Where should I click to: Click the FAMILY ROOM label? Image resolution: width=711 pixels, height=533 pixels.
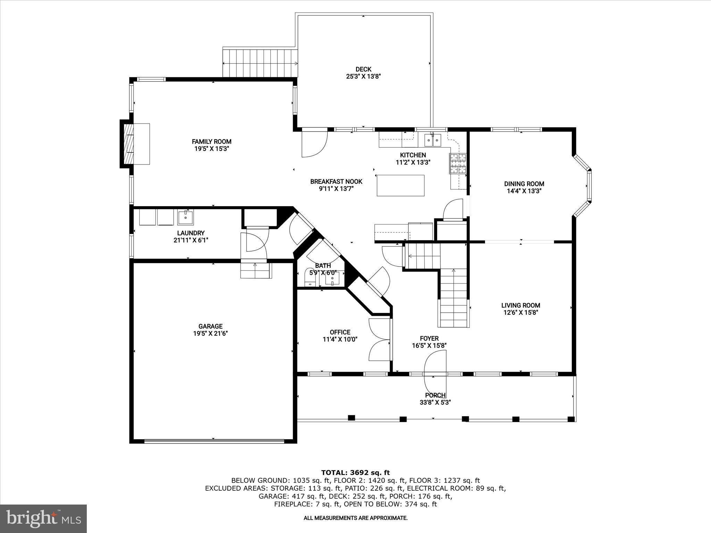click(x=211, y=142)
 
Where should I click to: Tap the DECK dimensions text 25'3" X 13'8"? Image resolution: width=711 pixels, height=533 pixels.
click(x=363, y=76)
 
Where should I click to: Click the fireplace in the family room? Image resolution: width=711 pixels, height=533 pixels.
click(x=135, y=144)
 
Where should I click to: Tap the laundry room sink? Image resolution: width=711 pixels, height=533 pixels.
click(x=186, y=218)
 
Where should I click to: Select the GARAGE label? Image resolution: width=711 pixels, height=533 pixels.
click(x=210, y=326)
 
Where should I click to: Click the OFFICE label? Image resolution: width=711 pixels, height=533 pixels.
click(x=340, y=332)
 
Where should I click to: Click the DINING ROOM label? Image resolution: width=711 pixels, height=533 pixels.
click(x=524, y=184)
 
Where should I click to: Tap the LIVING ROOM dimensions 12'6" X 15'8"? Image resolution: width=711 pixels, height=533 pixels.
click(x=521, y=312)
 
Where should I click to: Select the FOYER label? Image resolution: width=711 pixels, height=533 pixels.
click(x=429, y=338)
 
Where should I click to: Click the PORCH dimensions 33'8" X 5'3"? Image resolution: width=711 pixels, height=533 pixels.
click(x=435, y=403)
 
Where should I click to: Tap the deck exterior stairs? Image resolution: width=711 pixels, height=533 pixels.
click(x=260, y=63)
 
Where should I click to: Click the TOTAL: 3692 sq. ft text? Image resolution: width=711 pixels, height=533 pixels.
click(x=355, y=473)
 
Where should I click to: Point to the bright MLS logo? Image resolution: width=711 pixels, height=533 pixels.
click(x=43, y=519)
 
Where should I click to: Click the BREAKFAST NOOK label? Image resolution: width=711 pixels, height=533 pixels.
click(x=336, y=181)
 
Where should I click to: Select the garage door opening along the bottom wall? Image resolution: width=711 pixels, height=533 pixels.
click(x=214, y=441)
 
